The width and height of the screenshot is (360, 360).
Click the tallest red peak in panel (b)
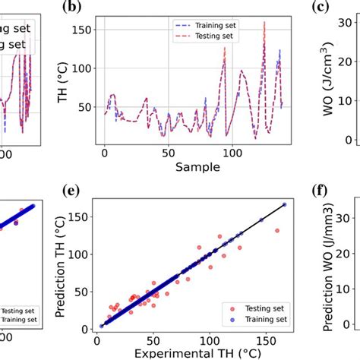[x=264, y=24]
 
